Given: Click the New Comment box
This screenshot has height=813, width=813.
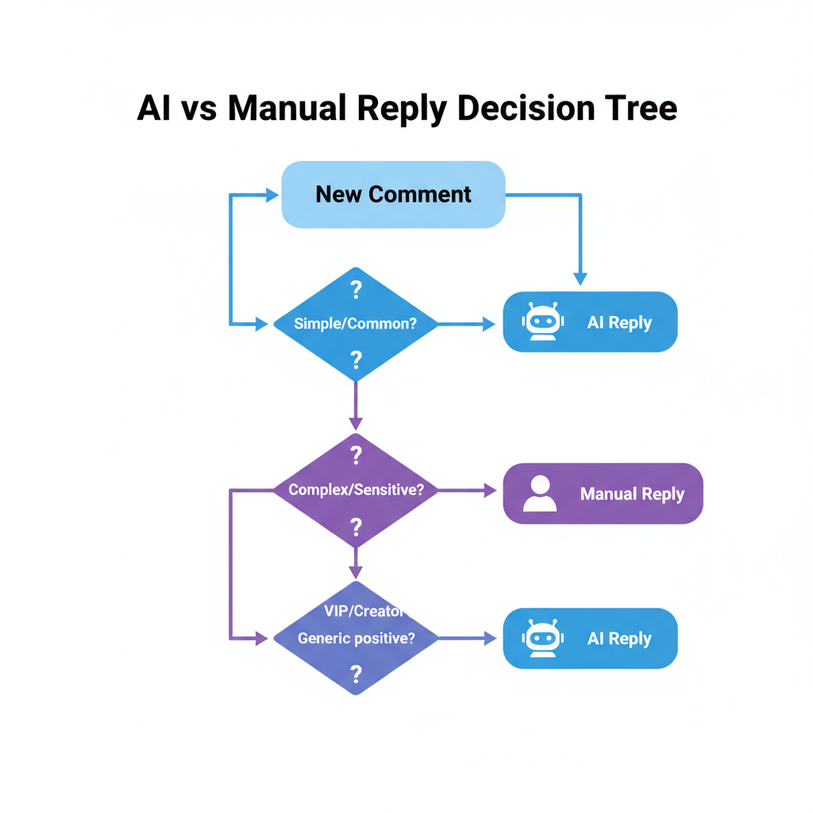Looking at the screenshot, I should tap(393, 195).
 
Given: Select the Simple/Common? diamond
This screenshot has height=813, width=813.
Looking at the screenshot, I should tap(355, 324).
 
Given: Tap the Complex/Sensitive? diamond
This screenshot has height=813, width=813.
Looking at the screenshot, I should tap(355, 490).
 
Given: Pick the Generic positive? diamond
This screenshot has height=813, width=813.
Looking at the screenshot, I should tap(355, 638).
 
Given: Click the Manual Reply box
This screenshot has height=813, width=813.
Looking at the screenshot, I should tap(603, 493).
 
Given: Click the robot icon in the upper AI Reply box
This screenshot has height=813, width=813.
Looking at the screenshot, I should tap(542, 322).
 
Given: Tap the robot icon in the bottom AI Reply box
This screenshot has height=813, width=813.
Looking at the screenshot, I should tap(542, 638).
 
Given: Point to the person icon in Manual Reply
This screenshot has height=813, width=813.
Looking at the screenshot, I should tap(540, 493).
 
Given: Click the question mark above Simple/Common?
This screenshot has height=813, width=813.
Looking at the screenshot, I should tap(356, 290).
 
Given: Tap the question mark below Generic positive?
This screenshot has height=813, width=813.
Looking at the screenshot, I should tap(356, 675).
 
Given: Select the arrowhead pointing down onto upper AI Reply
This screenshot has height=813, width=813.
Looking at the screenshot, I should tap(580, 279).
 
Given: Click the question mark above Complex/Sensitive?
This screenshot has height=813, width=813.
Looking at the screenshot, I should tap(356, 455).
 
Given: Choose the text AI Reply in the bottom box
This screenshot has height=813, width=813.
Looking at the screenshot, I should tap(619, 638).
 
